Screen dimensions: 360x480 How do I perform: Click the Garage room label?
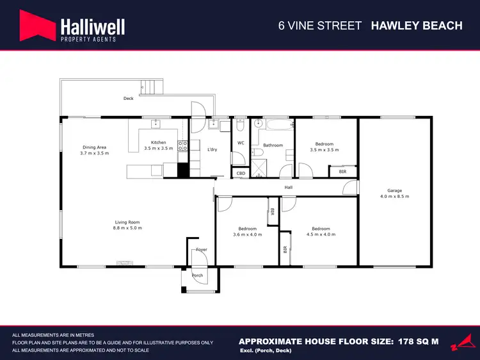[x=394, y=190]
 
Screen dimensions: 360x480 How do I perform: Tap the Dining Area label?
[x=94, y=147]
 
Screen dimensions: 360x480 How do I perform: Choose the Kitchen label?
[x=158, y=142]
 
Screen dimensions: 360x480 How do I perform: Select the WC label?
[x=241, y=143]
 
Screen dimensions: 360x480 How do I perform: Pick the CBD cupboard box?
[x=241, y=173]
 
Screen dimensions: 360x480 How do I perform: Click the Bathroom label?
[x=273, y=145]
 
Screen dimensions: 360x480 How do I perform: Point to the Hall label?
[x=289, y=187]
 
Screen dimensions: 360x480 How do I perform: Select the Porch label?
[x=197, y=275]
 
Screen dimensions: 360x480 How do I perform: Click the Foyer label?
[x=201, y=249]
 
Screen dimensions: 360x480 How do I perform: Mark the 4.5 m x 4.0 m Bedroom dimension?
[x=321, y=234]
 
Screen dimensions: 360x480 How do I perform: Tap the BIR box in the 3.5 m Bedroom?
[x=342, y=172]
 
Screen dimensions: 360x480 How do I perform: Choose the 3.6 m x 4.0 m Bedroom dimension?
[x=248, y=234]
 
